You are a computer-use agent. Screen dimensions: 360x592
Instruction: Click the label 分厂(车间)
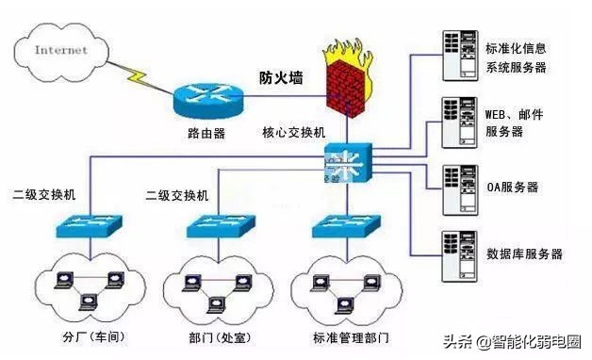[93, 335]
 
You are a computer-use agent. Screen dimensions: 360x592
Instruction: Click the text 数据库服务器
[524, 254]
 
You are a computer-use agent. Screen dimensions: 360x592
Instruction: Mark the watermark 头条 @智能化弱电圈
[513, 342]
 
